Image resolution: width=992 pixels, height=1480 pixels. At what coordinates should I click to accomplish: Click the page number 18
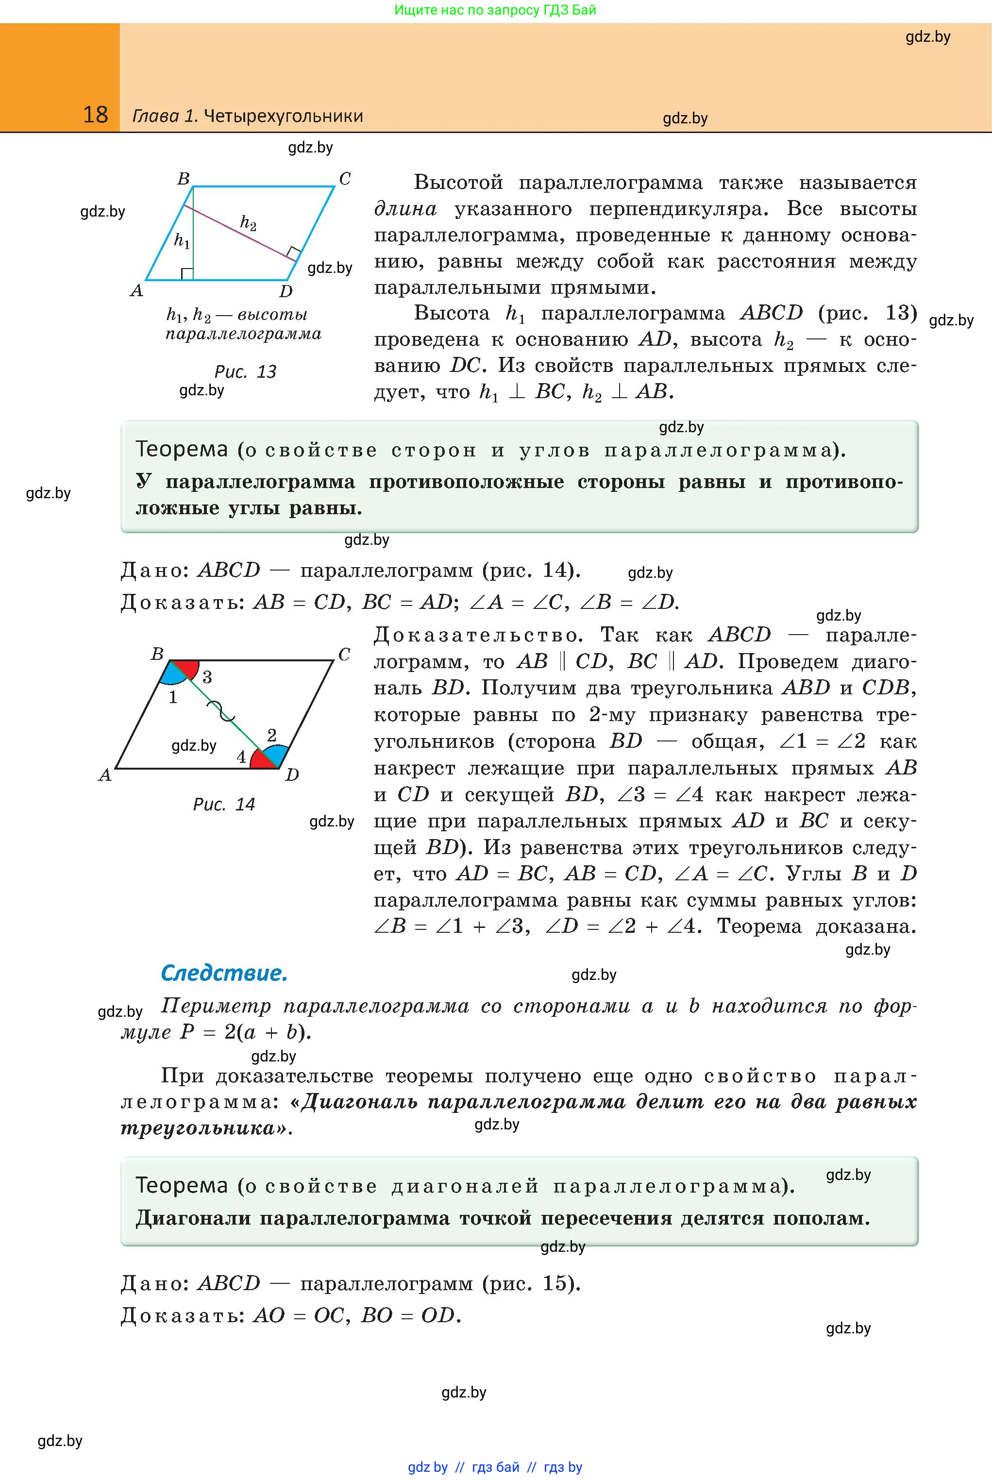pyautogui.click(x=96, y=115)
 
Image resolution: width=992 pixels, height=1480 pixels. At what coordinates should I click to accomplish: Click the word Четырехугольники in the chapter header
pyautogui.click(x=284, y=117)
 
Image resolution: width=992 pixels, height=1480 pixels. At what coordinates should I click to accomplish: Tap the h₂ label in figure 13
pyautogui.click(x=248, y=223)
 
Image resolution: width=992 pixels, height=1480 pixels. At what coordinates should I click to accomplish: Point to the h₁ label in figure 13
pyautogui.click(x=182, y=241)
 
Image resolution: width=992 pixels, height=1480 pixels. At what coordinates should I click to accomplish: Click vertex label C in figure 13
pyautogui.click(x=345, y=179)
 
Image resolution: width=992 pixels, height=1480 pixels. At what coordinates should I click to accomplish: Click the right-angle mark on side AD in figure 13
pyautogui.click(x=186, y=273)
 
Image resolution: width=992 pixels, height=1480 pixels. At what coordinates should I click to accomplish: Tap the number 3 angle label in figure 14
pyautogui.click(x=207, y=677)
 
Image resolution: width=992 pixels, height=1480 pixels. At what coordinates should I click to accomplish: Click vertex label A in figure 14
pyautogui.click(x=105, y=775)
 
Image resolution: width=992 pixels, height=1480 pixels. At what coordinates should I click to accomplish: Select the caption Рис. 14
pyautogui.click(x=223, y=804)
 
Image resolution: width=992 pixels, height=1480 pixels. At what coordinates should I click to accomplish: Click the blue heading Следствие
pyautogui.click(x=224, y=973)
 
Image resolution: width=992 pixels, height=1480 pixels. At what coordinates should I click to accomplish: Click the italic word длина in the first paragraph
pyautogui.click(x=405, y=209)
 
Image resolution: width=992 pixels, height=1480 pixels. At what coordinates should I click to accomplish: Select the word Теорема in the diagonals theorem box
pyautogui.click(x=182, y=1185)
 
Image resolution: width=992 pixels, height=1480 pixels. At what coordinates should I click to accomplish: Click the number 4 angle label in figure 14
pyautogui.click(x=241, y=757)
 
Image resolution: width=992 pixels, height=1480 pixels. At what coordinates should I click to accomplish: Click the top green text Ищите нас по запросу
pyautogui.click(x=495, y=10)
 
